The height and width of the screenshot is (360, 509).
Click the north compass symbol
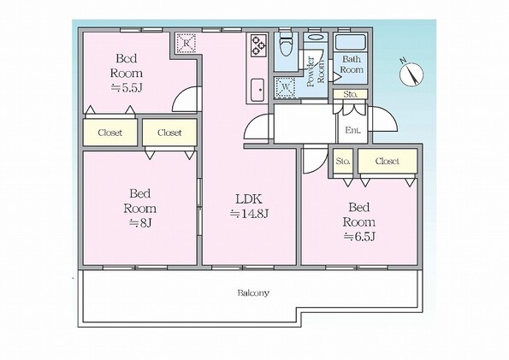coord(411,74)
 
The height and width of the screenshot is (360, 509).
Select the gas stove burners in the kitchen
coord(258,45)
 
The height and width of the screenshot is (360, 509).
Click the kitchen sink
coord(258,90)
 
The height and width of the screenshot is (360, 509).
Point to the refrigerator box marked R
coord(186,43)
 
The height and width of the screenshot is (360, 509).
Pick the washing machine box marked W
coord(286,87)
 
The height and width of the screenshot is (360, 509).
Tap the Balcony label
coord(253,293)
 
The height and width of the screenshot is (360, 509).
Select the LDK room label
coord(249,199)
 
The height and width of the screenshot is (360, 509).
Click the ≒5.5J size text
coord(127,87)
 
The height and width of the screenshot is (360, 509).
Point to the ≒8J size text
coord(140,222)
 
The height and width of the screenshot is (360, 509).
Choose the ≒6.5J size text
coord(359,237)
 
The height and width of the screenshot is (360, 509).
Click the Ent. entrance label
coord(352,131)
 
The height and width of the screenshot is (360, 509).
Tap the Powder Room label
coord(316,72)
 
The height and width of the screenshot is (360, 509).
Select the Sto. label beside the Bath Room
coord(351,94)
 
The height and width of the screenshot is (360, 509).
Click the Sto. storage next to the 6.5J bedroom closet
coord(343,161)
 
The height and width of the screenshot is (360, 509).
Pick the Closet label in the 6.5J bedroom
coord(388,161)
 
